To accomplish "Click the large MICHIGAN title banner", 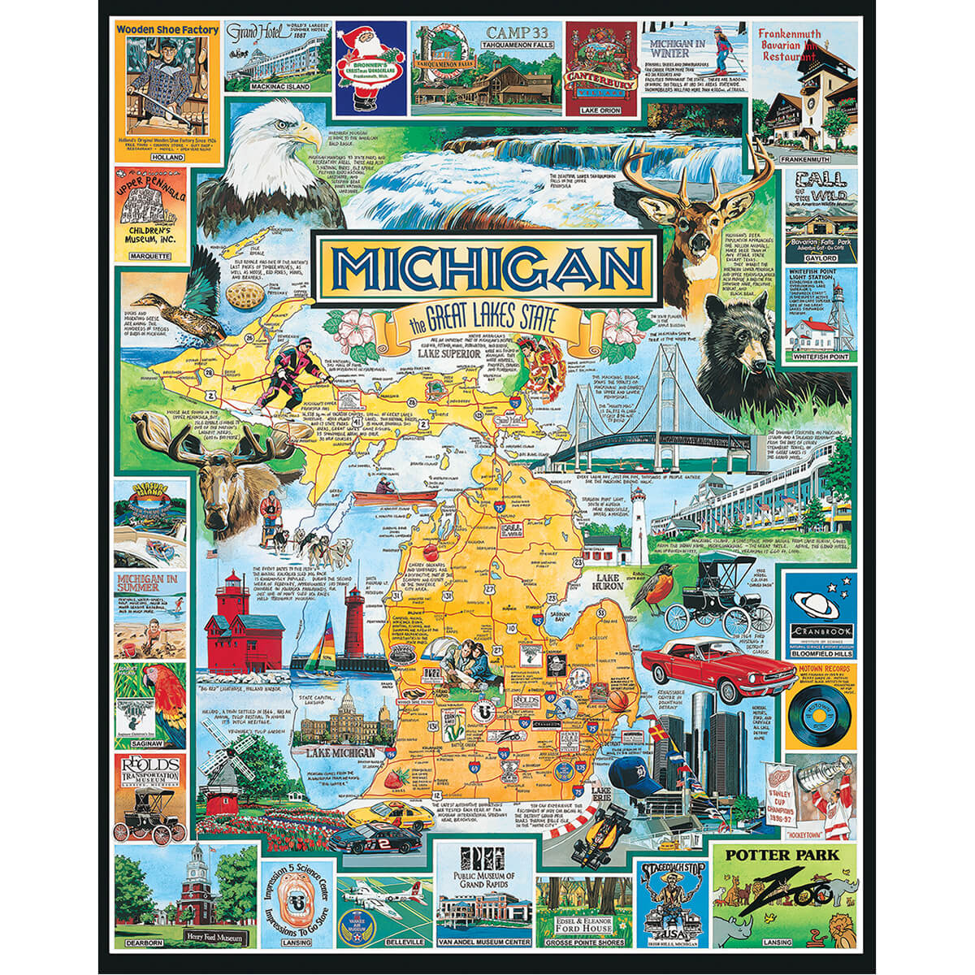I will click(x=486, y=263).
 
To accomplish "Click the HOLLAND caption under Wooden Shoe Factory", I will click(x=150, y=158).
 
